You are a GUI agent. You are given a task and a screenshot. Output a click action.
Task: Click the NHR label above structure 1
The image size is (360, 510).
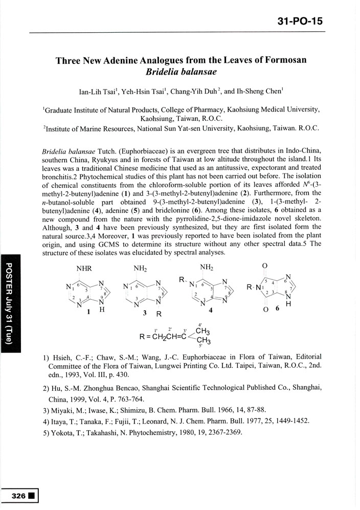pos(84,268)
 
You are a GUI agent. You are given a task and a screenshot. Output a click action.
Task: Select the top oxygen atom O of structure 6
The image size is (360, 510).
pos(264,266)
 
